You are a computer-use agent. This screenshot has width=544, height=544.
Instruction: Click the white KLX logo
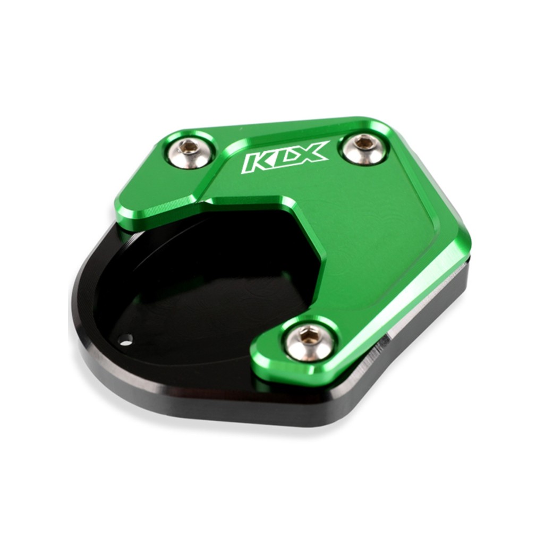[285, 157]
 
